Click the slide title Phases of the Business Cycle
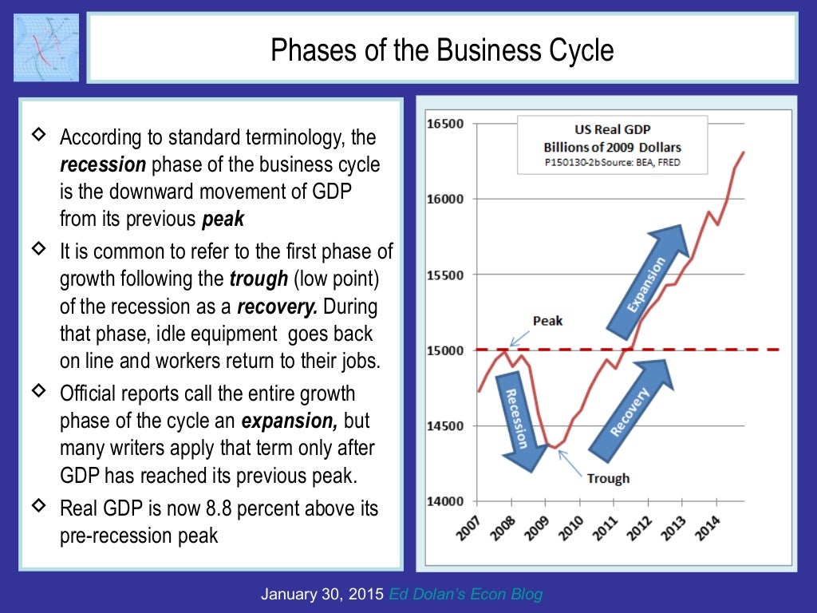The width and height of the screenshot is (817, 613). pyautogui.click(x=442, y=50)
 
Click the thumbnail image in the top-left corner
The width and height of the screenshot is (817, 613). pyautogui.click(x=46, y=47)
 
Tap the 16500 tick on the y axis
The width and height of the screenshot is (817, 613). pyautogui.click(x=445, y=124)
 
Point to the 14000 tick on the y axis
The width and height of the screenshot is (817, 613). pyautogui.click(x=445, y=501)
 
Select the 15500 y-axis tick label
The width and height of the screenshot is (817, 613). pyautogui.click(x=445, y=275)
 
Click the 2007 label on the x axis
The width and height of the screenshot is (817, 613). pyautogui.click(x=469, y=527)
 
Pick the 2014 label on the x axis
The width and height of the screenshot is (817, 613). pyautogui.click(x=709, y=527)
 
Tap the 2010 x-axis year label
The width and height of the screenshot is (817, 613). pyautogui.click(x=572, y=527)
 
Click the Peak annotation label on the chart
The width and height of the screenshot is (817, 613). pyautogui.click(x=547, y=321)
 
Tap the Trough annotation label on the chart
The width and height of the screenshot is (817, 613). pyautogui.click(x=608, y=478)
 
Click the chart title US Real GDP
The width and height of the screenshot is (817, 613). pyautogui.click(x=613, y=129)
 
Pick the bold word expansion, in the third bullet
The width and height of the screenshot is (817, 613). pyautogui.click(x=290, y=421)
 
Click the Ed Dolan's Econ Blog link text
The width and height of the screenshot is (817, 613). pyautogui.click(x=466, y=594)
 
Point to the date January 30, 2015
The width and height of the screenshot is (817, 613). pyautogui.click(x=322, y=594)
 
